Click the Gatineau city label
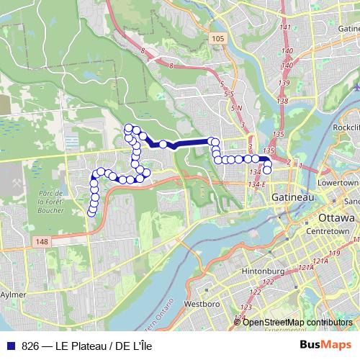pos(294,197)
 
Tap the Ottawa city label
pos(335,217)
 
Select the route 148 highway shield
pos(40,243)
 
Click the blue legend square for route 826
pos(10,346)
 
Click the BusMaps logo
pos(326,345)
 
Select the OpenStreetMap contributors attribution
pos(297,322)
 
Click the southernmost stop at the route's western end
pos(92,211)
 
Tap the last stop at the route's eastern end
pos(268,171)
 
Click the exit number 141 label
pos(285,27)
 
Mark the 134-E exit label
pos(258,184)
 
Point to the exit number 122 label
pos(255,292)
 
